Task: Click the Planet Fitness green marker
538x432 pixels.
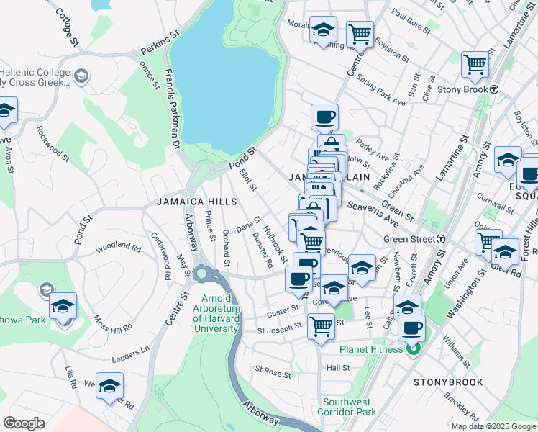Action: [413, 350]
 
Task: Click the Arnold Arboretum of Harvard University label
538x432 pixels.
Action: [216, 313]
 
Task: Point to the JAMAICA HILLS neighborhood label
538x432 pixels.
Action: [185, 202]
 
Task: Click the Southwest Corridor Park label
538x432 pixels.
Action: [350, 408]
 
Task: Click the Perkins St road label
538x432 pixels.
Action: [159, 44]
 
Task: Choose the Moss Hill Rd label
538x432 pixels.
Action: [116, 318]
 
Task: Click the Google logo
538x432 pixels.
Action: [24, 423]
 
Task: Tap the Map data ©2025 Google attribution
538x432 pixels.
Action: [493, 426]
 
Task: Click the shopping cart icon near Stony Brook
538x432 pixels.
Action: [475, 65]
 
